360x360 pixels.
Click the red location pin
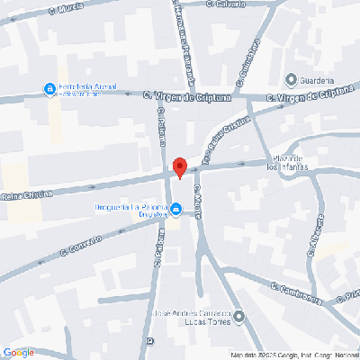coord(179,166)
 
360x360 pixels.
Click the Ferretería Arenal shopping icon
coord(49,88)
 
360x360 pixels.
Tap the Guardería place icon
coord(290,77)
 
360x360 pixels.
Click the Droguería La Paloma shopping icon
coord(176,211)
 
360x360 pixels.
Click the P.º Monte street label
coord(200,199)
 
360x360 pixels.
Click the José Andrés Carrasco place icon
coord(240,316)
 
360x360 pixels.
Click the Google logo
coord(18,353)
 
